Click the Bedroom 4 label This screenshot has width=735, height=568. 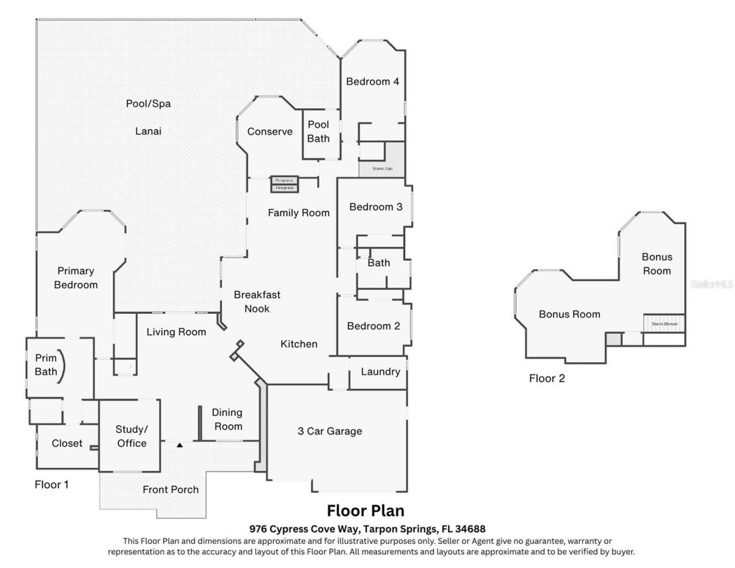click(x=372, y=81)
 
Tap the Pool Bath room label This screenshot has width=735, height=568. click(x=318, y=131)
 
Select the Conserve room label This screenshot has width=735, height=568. click(x=270, y=131)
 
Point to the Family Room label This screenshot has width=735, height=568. click(x=299, y=213)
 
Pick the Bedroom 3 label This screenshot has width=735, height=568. click(x=376, y=207)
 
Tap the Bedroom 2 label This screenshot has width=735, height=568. click(x=373, y=326)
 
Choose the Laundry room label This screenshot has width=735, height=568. click(x=380, y=372)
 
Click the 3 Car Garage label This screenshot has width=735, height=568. click(x=330, y=431)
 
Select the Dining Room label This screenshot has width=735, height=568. click(x=227, y=419)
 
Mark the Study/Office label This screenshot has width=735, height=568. click(x=131, y=436)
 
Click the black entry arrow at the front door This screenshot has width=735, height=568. click(x=180, y=445)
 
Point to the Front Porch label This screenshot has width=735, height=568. click(x=171, y=489)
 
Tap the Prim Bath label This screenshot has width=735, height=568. click(x=46, y=365)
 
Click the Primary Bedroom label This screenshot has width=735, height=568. click(x=76, y=278)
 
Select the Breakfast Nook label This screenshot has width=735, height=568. click(x=257, y=302)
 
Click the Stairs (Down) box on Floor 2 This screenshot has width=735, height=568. click(x=664, y=324)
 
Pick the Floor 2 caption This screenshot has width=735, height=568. click(x=547, y=379)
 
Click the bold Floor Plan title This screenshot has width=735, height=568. click(x=366, y=511)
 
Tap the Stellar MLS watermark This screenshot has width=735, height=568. click(x=712, y=284)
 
